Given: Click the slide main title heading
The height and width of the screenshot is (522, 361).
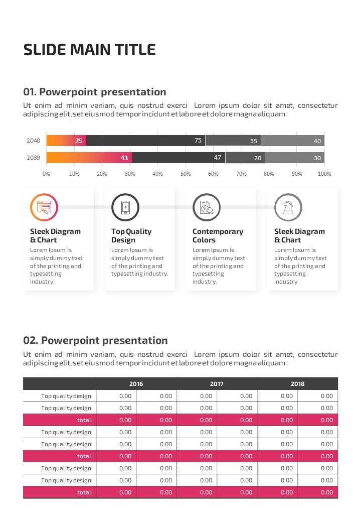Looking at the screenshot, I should [90, 50].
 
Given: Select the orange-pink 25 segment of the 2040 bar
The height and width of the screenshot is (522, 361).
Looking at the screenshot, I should [66, 141].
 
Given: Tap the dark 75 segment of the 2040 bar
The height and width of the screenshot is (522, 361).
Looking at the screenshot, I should [145, 141].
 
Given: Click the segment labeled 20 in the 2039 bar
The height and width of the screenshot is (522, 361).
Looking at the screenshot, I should [245, 158].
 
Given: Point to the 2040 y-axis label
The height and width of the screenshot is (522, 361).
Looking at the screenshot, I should [33, 141].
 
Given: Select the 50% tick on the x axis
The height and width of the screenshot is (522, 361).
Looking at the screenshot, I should [186, 174].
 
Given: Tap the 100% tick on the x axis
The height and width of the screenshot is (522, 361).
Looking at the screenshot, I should [324, 174].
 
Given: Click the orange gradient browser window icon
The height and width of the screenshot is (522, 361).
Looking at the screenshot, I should [44, 207].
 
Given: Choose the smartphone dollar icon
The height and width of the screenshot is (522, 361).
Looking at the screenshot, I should [125, 207].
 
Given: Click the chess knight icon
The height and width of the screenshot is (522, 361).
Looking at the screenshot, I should [288, 207].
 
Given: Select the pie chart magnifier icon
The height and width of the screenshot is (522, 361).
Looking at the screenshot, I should [207, 207].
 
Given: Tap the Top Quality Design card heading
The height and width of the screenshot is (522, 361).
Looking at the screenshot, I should [131, 235].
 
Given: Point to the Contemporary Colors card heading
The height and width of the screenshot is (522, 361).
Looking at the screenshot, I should [218, 235].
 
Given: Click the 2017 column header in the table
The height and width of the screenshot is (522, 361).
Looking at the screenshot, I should [217, 384].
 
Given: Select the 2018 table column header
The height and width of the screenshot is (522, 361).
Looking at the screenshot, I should [297, 384].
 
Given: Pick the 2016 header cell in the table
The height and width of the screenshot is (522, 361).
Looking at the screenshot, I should [136, 384].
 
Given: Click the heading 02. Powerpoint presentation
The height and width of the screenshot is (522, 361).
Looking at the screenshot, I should [96, 340].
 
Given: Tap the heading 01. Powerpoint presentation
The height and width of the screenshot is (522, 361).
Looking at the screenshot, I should [95, 92].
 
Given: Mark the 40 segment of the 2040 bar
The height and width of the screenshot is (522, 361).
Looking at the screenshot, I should [293, 141].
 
